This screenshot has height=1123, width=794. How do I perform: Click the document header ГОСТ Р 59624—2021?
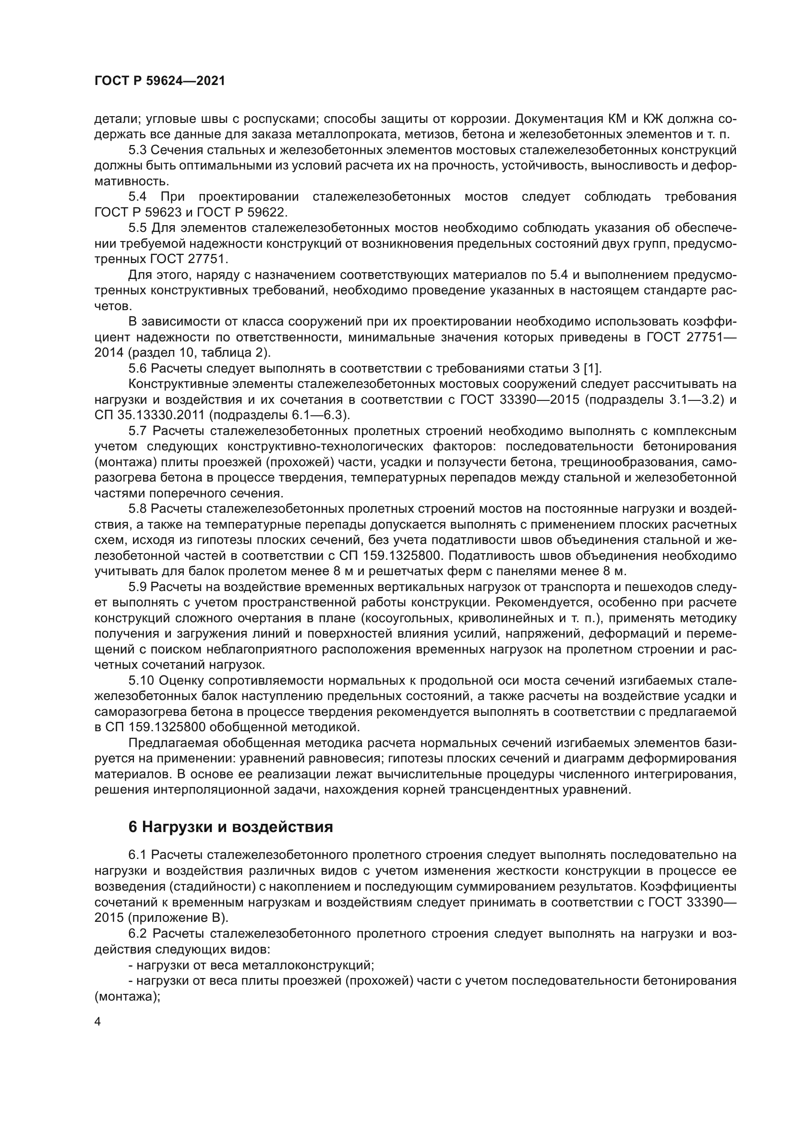[x=159, y=81]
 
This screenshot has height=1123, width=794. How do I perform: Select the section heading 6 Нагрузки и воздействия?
[x=230, y=827]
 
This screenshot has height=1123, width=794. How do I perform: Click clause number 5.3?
[x=138, y=150]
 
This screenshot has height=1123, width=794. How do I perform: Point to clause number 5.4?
[x=138, y=197]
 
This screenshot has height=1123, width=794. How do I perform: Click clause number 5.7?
[x=138, y=431]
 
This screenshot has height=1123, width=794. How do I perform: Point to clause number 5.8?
[x=138, y=508]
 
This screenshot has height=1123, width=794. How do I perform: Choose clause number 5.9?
[x=138, y=587]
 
